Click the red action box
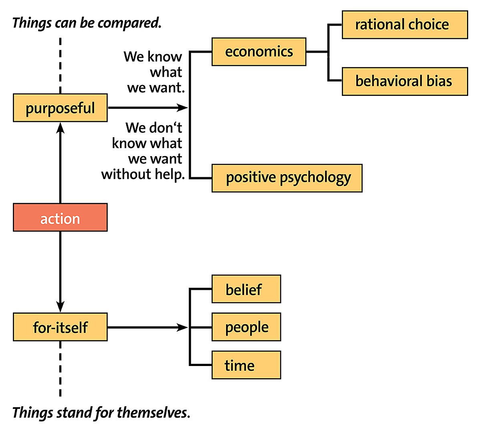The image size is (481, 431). coord(60,217)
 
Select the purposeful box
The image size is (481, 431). coord(60,108)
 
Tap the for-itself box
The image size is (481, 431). coord(60,327)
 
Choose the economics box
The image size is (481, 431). coord(259,52)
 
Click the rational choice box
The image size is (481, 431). coord(405,24)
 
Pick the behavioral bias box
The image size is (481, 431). coord(405,81)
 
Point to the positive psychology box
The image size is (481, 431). coord(287,178)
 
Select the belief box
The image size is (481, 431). coord(247,289)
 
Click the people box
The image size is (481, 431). coord(247,327)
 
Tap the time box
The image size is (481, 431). coord(247,365)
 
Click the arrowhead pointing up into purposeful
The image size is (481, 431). coord(60,128)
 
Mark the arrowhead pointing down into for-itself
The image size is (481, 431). coord(60,307)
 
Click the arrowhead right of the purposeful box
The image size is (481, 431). coord(182,108)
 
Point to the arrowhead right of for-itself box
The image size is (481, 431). coord(182,327)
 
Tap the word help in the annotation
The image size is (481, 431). coord(170,175)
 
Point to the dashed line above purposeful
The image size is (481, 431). coord(60,65)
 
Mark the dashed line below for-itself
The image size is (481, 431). coord(60,369)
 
